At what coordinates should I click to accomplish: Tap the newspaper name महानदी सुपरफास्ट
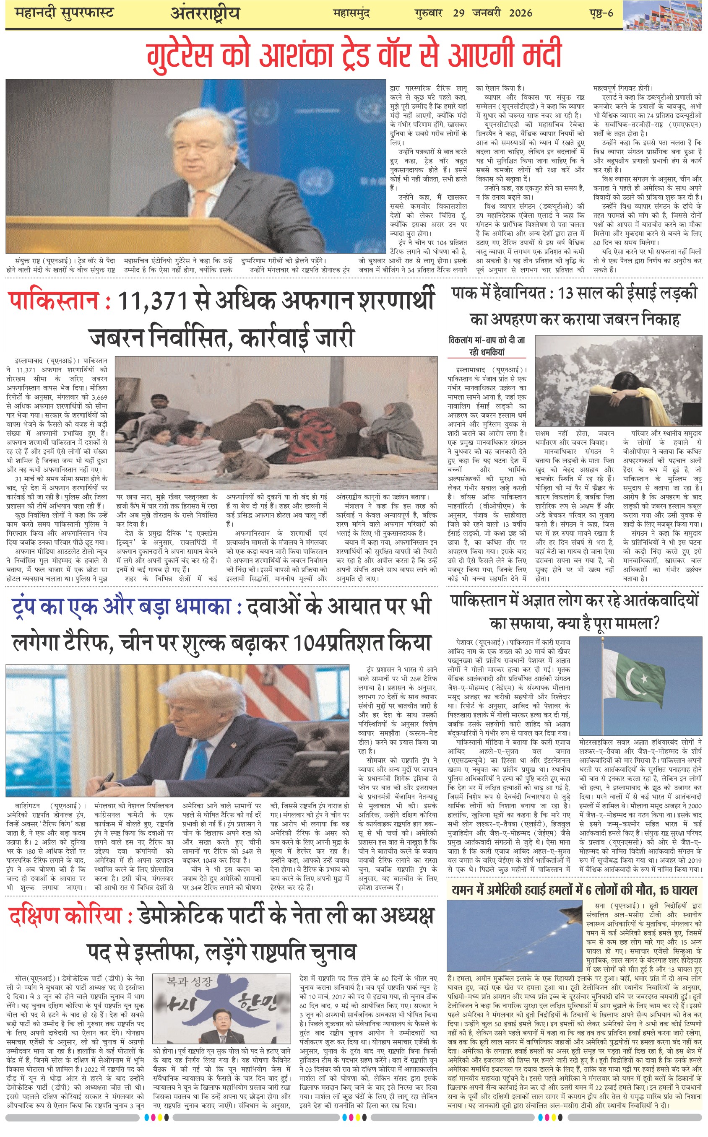coord(65,13)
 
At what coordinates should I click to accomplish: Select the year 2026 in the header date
coord(520,13)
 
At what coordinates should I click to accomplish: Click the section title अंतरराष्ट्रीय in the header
coord(205,13)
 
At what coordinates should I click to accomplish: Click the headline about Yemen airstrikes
coord(574,890)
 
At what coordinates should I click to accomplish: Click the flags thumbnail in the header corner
coord(662,16)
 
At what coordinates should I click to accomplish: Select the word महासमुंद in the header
coord(351,13)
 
